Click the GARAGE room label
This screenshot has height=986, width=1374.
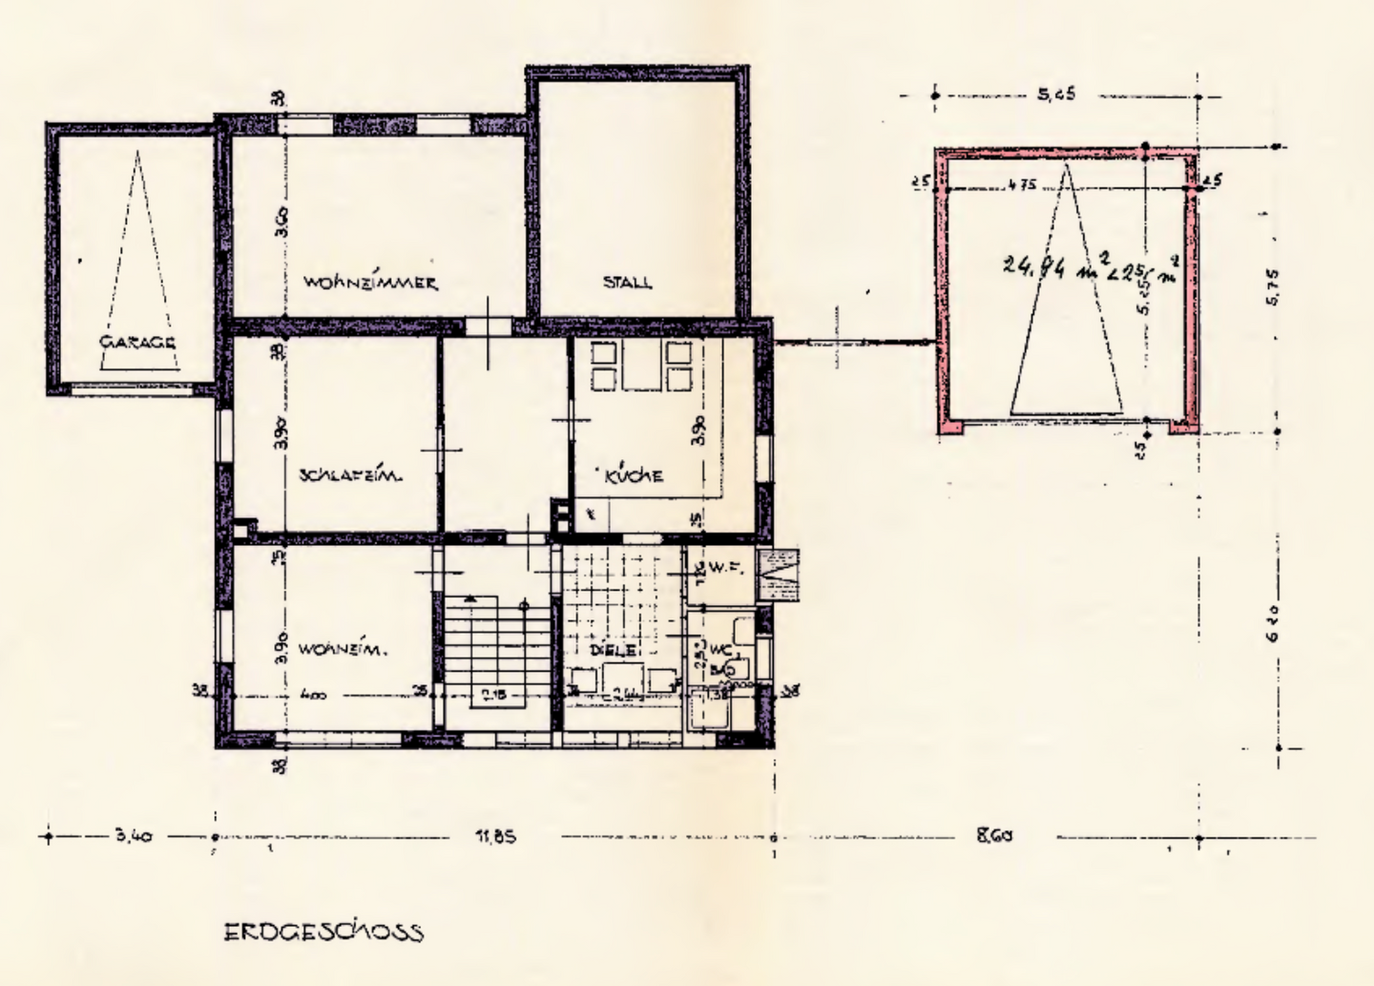(x=137, y=342)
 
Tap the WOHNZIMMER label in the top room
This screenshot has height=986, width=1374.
(x=371, y=283)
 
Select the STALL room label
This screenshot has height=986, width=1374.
(x=627, y=283)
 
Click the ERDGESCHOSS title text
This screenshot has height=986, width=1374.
(x=323, y=932)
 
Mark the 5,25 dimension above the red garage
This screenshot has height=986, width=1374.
(x=1057, y=94)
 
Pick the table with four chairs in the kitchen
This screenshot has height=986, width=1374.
(x=640, y=367)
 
